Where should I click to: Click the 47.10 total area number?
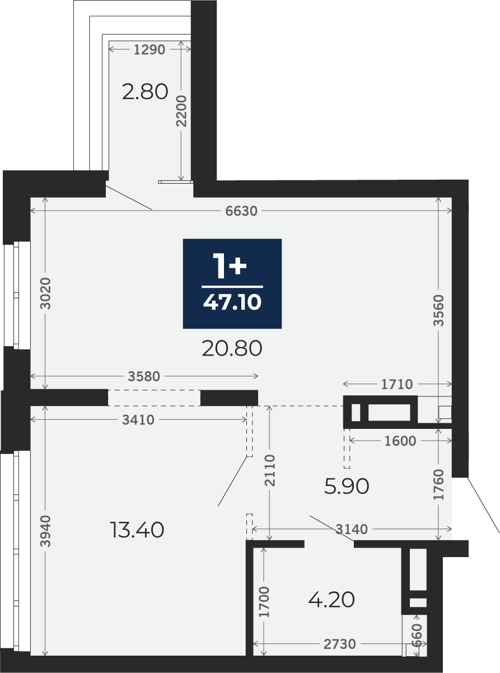(x=232, y=302)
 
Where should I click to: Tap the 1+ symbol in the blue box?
(x=230, y=266)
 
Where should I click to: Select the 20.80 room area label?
(x=232, y=349)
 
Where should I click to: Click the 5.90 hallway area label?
(x=347, y=486)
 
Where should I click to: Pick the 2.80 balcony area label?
(x=145, y=92)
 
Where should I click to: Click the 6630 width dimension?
(x=241, y=211)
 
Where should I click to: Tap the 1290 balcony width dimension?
(x=149, y=49)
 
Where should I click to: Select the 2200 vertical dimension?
(x=181, y=111)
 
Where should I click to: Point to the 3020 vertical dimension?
(x=45, y=293)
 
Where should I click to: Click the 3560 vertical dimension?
(x=438, y=310)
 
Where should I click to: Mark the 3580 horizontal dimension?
(x=144, y=377)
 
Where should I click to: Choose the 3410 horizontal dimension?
(x=138, y=420)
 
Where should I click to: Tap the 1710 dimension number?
(x=397, y=385)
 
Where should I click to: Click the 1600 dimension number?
(x=400, y=441)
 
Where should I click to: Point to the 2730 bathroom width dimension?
(x=339, y=642)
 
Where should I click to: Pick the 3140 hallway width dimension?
(x=352, y=530)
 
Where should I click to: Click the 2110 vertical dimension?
(x=270, y=470)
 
